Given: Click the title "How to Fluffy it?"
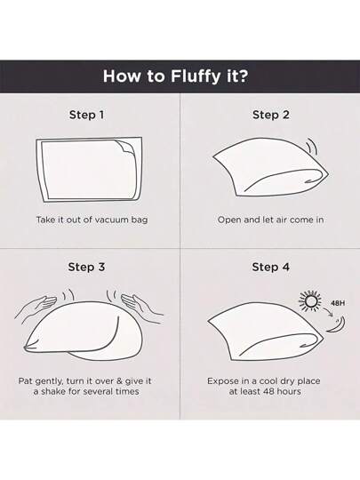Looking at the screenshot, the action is coord(175,76).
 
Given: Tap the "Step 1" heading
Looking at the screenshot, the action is coord(86,115).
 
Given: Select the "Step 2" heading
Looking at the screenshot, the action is coord(271,115).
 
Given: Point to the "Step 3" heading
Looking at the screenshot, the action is coord(86,267).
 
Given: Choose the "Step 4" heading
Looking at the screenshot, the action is coord(270,267).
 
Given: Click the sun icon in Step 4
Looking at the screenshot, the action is coord(310,301).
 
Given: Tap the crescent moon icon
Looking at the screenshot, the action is coord(338,324).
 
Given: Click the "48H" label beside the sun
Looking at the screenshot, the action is coord(338,303).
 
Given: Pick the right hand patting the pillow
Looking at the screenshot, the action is coord(141,305).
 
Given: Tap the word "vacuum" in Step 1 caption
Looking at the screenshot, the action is coord(111,220).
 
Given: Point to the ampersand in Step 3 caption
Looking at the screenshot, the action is coord(120,381).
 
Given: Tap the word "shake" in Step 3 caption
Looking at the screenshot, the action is coord(53,391).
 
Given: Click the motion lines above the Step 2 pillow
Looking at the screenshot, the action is coord(312,147).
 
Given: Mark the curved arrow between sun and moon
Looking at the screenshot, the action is coord(330,312).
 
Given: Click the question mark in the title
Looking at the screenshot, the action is coord(242,76).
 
